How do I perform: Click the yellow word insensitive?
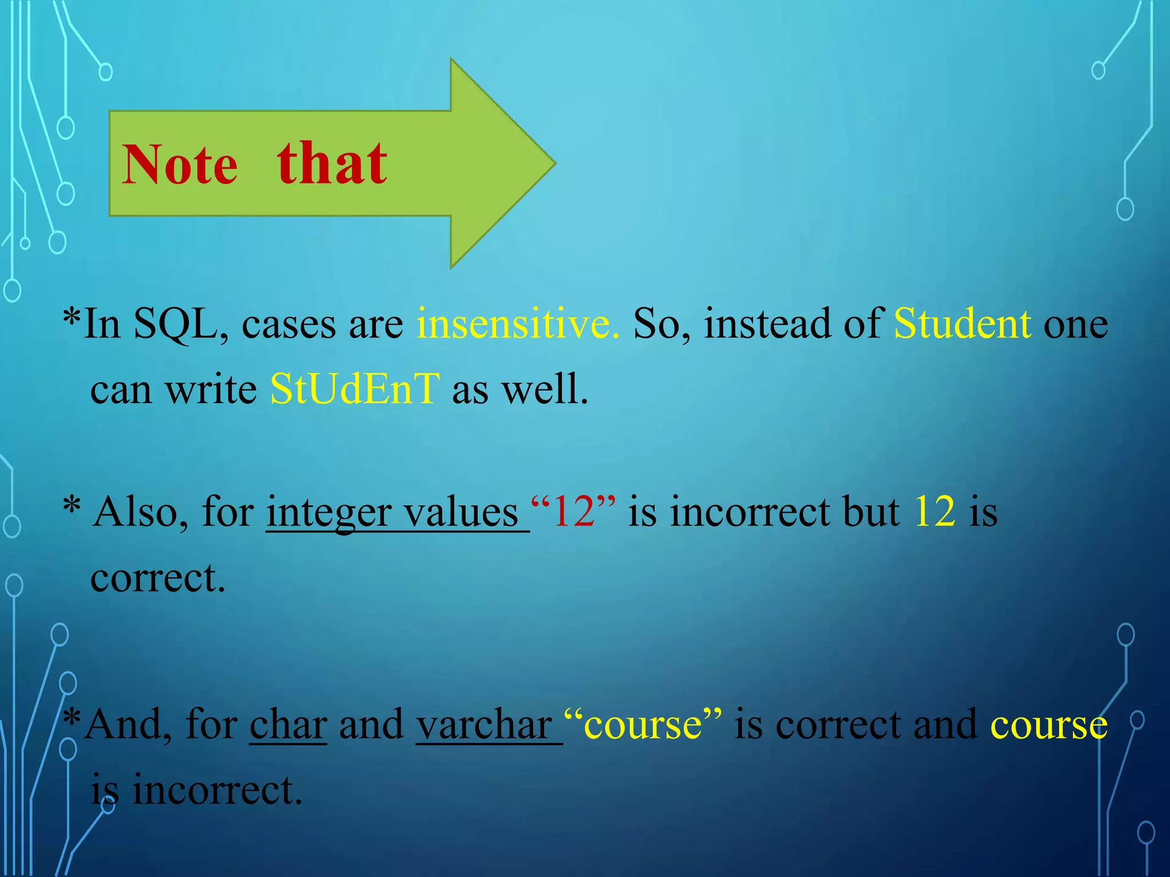pyautogui.click(x=517, y=324)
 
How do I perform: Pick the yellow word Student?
pyautogui.click(x=962, y=324)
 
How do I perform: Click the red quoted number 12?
pyautogui.click(x=574, y=511)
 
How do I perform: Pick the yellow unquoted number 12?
pyautogui.click(x=935, y=511)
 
